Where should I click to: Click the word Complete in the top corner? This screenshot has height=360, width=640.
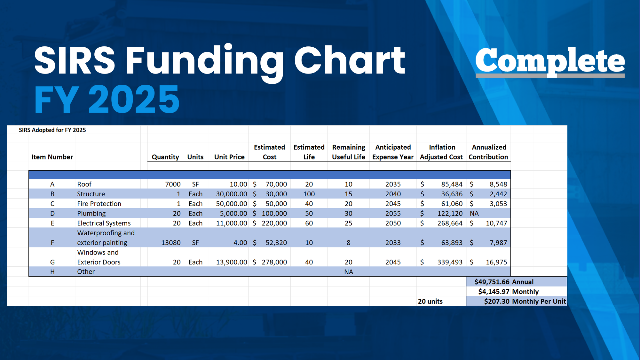pos(550,60)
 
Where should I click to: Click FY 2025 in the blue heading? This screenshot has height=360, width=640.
pos(107,99)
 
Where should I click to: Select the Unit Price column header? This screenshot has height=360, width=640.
pos(229,157)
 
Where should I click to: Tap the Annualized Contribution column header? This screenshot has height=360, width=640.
pos(488,152)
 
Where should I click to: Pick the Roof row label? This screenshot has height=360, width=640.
pos(84,184)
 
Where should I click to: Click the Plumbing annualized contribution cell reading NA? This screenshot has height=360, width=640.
pos(474,214)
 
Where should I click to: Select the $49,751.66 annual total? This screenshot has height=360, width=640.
pos(492,282)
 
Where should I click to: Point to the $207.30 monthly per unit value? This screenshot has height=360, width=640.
pos(497,301)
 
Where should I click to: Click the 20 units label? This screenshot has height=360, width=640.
pos(430,301)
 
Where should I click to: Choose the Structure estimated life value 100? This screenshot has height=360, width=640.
pos(309,194)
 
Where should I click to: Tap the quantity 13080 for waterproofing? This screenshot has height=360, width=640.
pos(171,243)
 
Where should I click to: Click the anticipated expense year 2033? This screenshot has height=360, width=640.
pos(393,243)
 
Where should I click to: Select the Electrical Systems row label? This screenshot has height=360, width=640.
pos(104,223)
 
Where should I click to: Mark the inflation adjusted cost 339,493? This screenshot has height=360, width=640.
pos(450,262)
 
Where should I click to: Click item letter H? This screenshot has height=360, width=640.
pos(52,272)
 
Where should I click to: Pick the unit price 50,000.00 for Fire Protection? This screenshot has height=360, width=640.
pos(232,204)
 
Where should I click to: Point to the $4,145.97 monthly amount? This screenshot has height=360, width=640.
pos(494,292)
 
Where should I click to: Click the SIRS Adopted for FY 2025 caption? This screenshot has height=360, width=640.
pos(52,130)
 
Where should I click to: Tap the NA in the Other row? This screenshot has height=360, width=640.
pos(349,272)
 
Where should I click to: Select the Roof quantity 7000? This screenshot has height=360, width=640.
pos(173,184)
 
